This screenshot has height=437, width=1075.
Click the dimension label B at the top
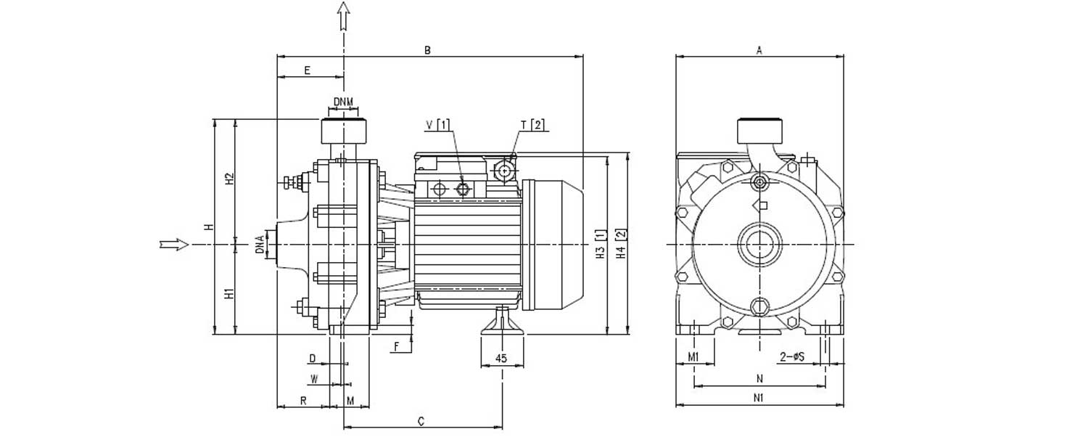coord(427,49)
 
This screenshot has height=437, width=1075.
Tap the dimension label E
coord(307,70)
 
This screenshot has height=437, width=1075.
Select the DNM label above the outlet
coord(343,102)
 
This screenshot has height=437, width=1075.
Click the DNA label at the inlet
coord(260,244)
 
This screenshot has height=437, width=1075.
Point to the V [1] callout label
coord(438,125)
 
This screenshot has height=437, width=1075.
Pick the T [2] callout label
coord(532,125)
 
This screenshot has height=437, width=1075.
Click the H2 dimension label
coord(230,179)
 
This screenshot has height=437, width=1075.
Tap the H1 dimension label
coord(230,293)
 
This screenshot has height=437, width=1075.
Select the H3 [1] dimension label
coord(601,245)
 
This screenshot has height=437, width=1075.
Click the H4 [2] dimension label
coord(622,245)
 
